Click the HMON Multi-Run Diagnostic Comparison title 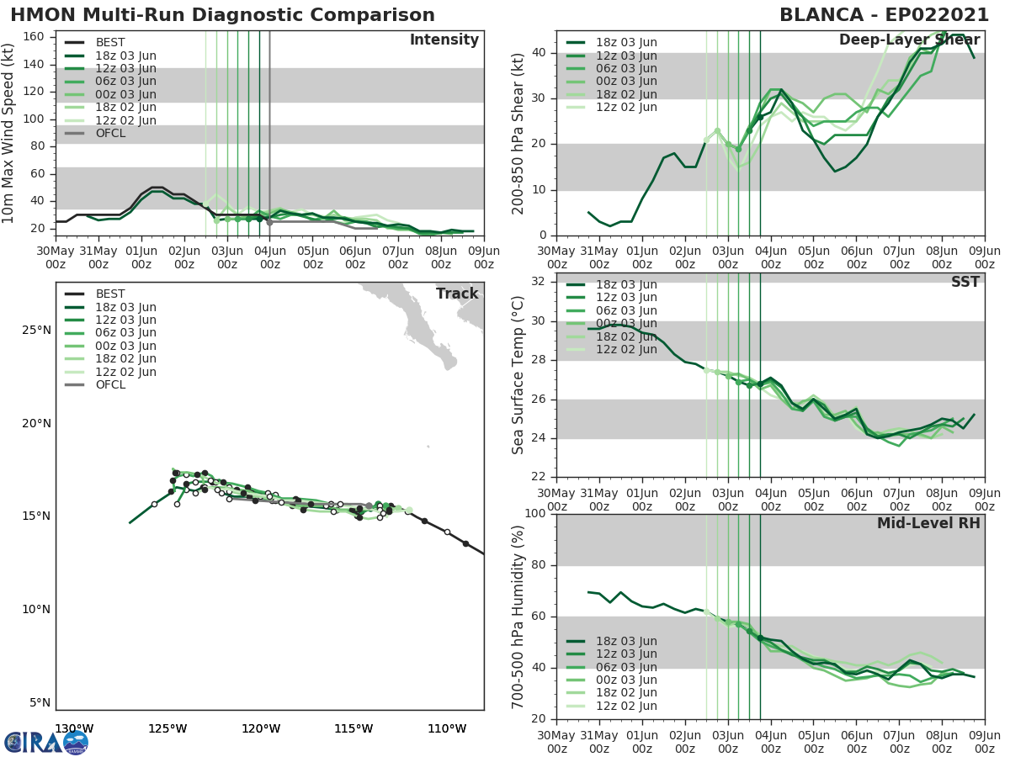coord(223,15)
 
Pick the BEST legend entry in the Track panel coord(110,294)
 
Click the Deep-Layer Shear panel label coord(909,40)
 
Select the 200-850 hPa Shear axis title coord(518,133)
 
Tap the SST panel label coord(965,282)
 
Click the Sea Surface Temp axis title coord(518,374)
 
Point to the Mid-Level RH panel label coord(928,523)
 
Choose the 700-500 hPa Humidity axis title coord(518,616)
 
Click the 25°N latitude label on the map coord(35,330)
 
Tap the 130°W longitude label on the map coord(74,728)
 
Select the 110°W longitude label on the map coord(447,728)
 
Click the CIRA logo coord(45,742)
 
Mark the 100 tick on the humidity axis coord(534,514)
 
